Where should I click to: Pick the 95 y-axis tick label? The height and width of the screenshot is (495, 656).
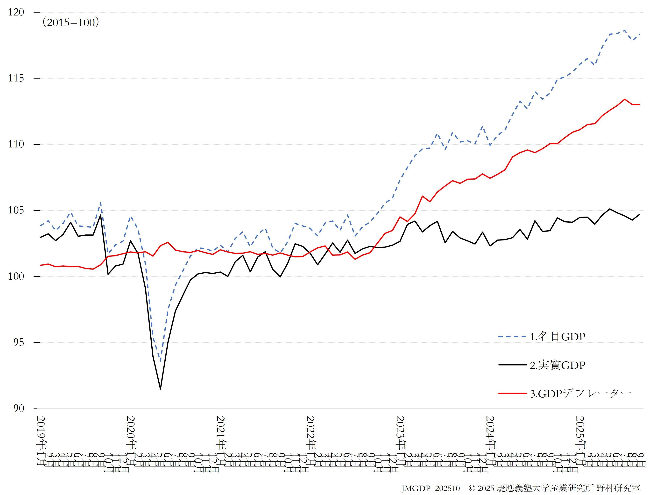tap(18, 342)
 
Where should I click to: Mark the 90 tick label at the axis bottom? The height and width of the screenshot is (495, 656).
tap(18, 408)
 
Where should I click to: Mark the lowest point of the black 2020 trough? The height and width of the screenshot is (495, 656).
tap(161, 389)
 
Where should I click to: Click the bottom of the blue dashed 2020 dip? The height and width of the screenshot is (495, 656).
tap(161, 361)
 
